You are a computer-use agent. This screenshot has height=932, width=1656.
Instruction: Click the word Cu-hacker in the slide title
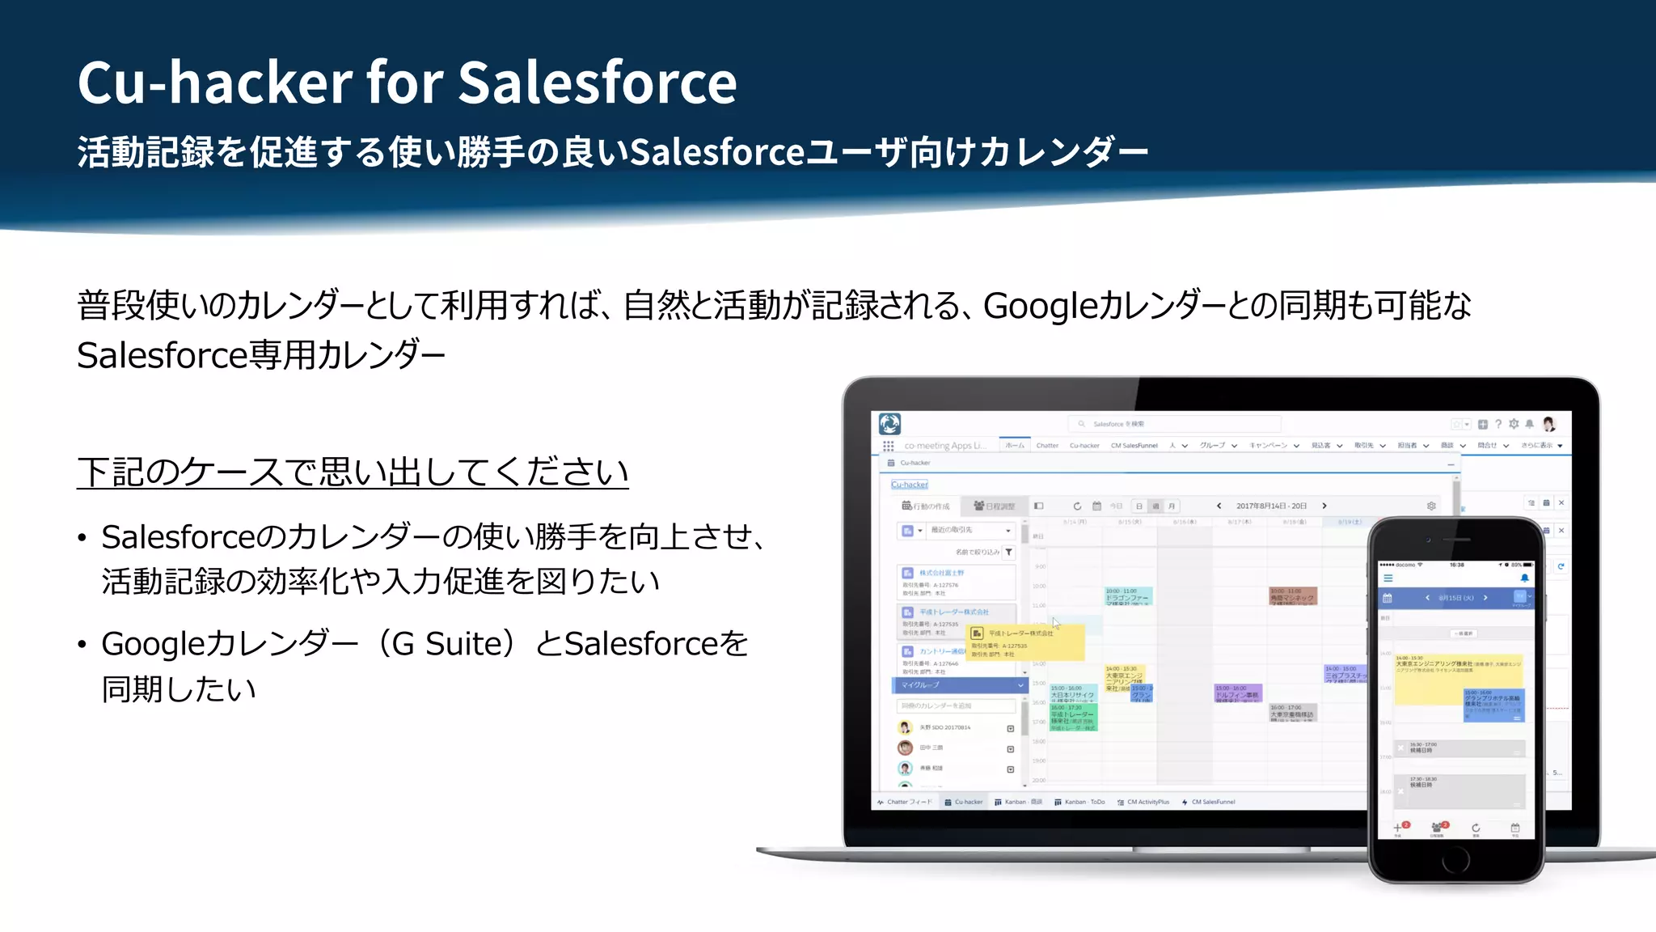[215, 83]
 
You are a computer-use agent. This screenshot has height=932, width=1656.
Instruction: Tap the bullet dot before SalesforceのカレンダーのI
[82, 539]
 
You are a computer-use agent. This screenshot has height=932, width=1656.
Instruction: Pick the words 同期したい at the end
[179, 690]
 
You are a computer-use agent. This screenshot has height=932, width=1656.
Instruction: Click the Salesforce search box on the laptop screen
[1174, 424]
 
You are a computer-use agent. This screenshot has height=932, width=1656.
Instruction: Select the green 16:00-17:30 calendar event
[1073, 717]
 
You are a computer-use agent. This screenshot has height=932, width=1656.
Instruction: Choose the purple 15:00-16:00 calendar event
[1237, 693]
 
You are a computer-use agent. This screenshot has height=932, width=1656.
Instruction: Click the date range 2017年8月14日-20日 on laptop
[1271, 506]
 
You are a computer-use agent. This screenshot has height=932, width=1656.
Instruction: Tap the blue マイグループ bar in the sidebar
[959, 685]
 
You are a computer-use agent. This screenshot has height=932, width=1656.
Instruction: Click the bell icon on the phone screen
[1524, 578]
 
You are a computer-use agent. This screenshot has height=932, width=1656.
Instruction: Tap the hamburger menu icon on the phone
[1388, 578]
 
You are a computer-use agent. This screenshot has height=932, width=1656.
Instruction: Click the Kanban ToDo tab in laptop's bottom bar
[1080, 802]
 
